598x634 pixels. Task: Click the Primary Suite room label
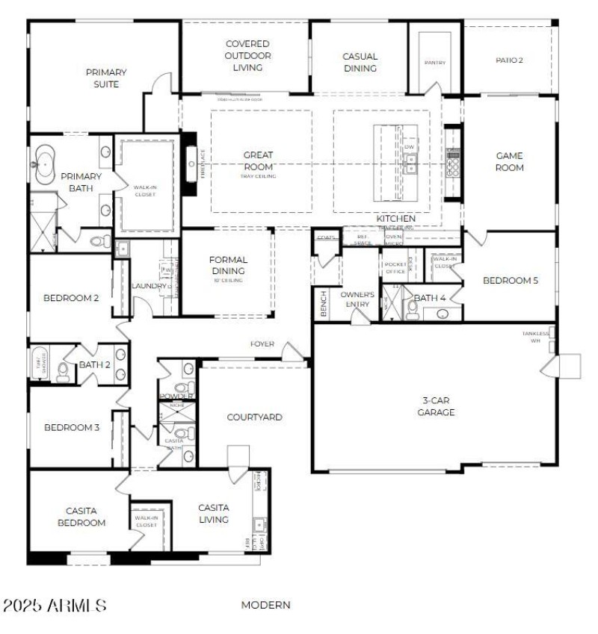click(x=105, y=78)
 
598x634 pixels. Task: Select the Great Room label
click(x=258, y=161)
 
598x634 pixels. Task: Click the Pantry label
click(x=434, y=63)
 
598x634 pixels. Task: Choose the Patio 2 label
click(x=509, y=60)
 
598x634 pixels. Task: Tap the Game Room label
click(x=509, y=161)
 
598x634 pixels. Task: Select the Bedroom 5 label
click(x=510, y=281)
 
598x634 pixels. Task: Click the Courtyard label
click(x=254, y=417)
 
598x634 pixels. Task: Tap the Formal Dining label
click(x=228, y=265)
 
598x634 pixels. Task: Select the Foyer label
click(x=262, y=344)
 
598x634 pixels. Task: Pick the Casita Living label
click(x=213, y=513)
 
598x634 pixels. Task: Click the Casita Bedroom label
click(x=81, y=517)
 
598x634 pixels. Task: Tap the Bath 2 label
click(x=95, y=364)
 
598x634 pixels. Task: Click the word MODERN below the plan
click(x=265, y=605)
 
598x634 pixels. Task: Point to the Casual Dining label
click(x=360, y=62)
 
